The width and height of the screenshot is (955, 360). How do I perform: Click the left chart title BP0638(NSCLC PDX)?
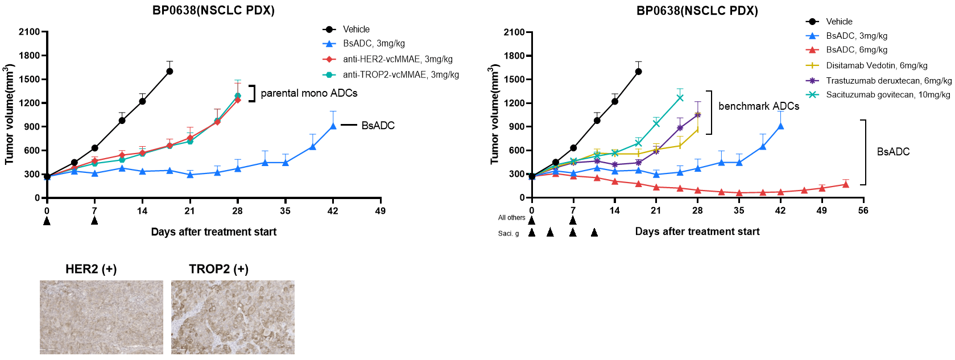click(213, 10)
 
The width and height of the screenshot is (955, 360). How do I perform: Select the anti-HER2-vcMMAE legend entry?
click(397, 59)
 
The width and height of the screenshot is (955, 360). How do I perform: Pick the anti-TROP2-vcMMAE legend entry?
click(400, 75)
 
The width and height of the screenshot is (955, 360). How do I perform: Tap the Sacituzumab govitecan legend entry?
click(887, 94)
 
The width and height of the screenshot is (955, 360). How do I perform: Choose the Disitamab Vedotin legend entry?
click(876, 65)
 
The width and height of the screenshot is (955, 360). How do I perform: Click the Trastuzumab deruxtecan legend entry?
click(888, 80)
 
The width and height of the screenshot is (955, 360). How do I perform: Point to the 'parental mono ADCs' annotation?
click(309, 93)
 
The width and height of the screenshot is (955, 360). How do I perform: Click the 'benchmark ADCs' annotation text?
click(758, 106)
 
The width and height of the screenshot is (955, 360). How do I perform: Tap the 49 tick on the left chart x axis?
click(381, 211)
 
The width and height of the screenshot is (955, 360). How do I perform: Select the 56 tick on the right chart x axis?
click(863, 210)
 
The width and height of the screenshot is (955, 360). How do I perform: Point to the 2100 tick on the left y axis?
click(29, 32)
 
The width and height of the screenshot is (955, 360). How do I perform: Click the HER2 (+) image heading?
click(91, 269)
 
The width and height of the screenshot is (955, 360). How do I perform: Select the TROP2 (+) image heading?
click(218, 269)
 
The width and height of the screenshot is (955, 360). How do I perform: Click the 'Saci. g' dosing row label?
click(508, 233)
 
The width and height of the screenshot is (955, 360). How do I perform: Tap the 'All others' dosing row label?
click(511, 218)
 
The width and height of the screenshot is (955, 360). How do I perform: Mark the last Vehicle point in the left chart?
click(169, 71)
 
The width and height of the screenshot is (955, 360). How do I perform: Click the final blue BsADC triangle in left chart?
click(333, 126)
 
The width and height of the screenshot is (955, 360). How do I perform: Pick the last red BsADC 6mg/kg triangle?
click(846, 184)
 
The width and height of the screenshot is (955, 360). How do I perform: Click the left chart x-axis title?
click(213, 232)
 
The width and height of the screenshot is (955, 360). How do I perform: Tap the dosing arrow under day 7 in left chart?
click(94, 221)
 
